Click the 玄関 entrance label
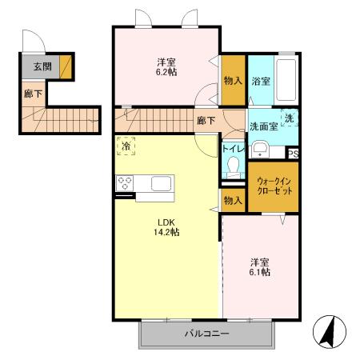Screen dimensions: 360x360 42,66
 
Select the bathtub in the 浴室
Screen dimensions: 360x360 286,80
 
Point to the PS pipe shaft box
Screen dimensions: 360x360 294,154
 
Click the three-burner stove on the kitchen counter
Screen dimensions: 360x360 125,183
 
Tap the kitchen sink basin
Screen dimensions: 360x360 161,183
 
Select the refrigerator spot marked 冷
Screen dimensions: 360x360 126,146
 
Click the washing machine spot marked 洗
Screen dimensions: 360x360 290,118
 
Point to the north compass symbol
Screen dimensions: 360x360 330,331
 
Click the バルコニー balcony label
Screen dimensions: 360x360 207,334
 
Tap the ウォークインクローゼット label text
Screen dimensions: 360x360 274,186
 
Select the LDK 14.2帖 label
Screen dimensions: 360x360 166,227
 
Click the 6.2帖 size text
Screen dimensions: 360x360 166,72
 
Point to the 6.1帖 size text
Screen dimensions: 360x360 260,272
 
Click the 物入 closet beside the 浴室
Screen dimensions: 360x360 233,80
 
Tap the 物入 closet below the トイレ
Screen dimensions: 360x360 233,200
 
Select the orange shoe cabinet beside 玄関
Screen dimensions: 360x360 66,67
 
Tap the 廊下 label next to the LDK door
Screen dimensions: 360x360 206,121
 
